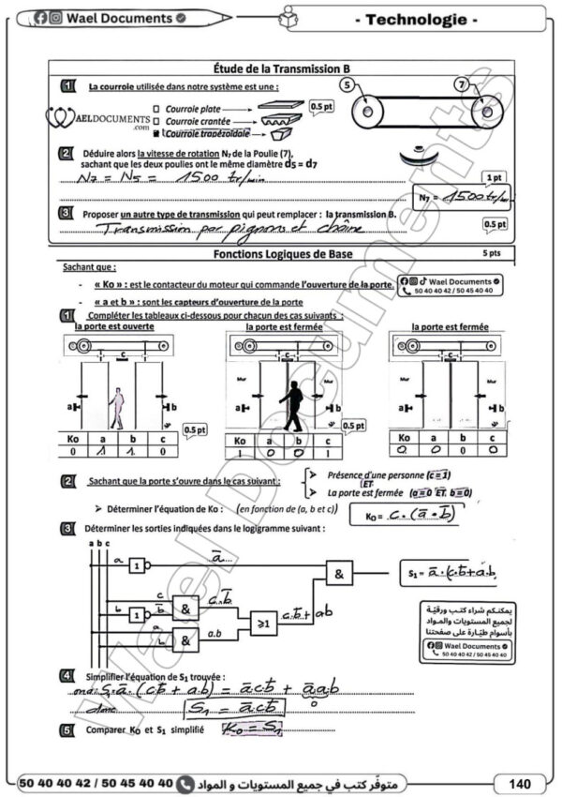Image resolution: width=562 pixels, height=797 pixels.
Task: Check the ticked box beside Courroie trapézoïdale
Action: click(156, 134)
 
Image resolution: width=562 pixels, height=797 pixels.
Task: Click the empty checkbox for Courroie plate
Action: click(156, 109)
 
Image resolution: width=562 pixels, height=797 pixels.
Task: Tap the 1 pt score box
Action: click(492, 176)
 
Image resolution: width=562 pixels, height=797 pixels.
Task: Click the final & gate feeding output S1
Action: click(341, 573)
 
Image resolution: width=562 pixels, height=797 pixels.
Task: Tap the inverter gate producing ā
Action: click(138, 565)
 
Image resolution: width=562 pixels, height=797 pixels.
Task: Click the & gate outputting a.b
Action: click(185, 642)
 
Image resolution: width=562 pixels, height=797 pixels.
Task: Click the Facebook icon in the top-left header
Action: click(40, 18)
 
